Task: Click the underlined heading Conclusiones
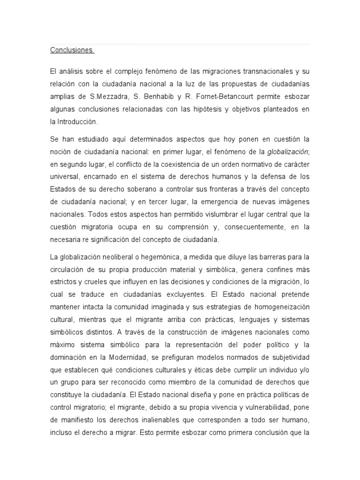71,50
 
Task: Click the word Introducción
77,121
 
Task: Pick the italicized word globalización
287,151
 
